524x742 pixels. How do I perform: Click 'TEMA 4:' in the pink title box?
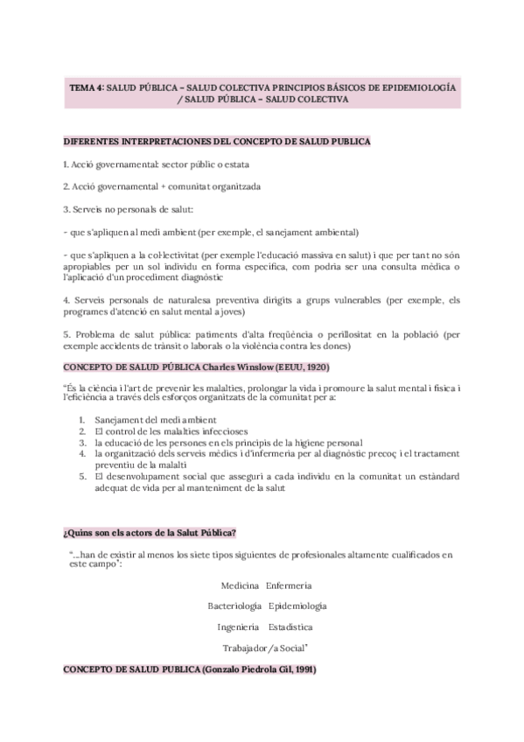[87, 89]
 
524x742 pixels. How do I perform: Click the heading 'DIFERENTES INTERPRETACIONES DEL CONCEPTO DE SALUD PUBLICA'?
[217, 141]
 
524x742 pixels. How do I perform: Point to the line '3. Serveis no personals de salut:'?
[128, 209]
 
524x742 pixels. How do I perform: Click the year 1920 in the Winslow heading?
[314, 368]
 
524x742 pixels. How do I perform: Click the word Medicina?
[239, 584]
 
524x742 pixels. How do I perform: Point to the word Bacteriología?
[234, 605]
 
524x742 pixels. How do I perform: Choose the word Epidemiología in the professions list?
[298, 605]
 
